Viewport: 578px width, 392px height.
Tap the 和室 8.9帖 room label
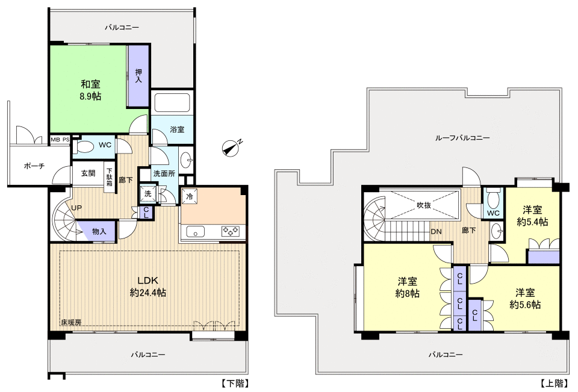click(91, 90)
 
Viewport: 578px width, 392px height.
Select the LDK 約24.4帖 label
click(148, 287)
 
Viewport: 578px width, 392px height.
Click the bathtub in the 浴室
click(172, 102)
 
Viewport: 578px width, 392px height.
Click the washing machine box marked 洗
click(148, 194)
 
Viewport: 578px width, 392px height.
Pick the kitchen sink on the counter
click(195, 232)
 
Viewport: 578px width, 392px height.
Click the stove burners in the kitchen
click(230, 231)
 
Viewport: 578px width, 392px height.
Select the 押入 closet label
click(138, 76)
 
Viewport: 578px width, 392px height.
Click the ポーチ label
click(34, 166)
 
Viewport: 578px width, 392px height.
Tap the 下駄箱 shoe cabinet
click(110, 177)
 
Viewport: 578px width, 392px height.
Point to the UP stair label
click(76, 208)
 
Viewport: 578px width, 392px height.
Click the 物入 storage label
click(99, 232)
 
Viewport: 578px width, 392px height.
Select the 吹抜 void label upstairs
click(424, 205)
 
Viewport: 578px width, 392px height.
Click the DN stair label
click(436, 232)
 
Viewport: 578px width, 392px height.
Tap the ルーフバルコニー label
click(462, 138)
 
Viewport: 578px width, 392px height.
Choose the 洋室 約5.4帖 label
click(532, 216)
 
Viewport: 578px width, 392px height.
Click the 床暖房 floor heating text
click(71, 322)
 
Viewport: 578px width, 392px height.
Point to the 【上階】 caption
click(554, 384)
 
